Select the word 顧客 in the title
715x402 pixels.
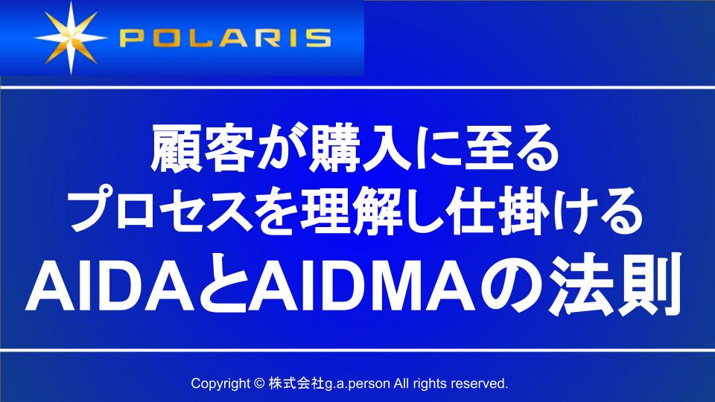click(193, 150)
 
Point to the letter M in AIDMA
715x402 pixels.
click(425, 287)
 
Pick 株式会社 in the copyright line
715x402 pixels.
click(293, 384)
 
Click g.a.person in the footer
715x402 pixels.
click(355, 384)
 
